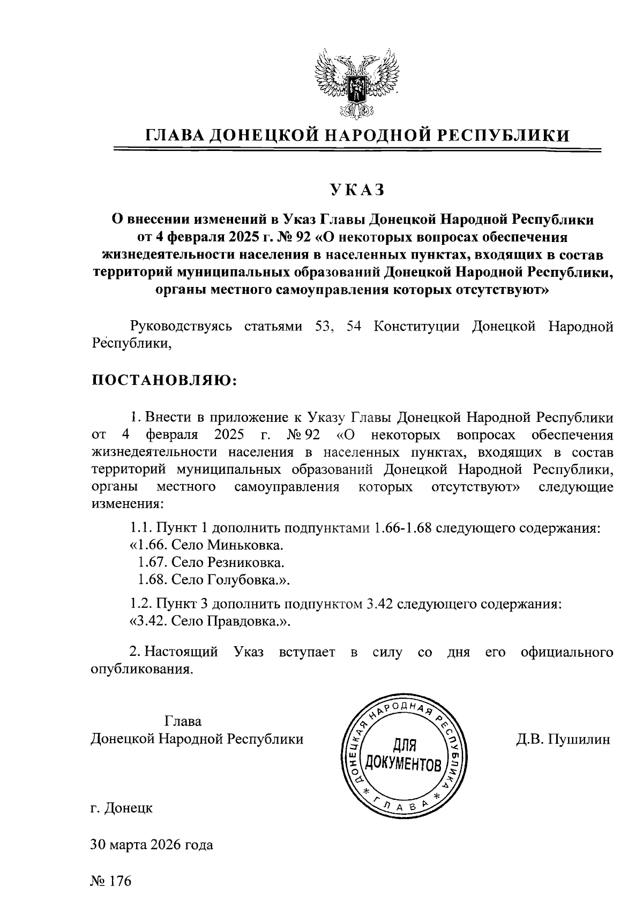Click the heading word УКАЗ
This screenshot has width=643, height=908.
pos(357,190)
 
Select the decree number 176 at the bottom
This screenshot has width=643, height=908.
pos(119,881)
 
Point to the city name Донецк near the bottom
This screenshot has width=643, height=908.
pos(128,808)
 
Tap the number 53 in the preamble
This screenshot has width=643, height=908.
pos(323,326)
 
